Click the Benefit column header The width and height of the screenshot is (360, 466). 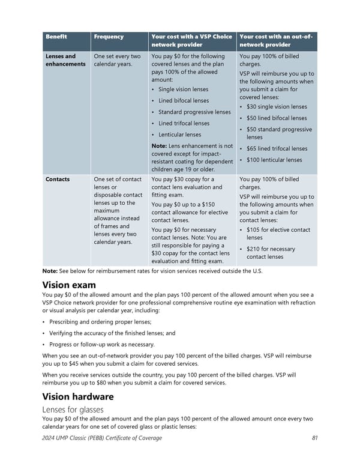(x=56, y=37)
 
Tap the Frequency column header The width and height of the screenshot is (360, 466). (x=109, y=37)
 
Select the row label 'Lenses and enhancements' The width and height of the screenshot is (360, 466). (x=65, y=60)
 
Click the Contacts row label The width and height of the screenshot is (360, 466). (x=58, y=179)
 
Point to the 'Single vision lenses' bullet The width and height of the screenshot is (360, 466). (x=184, y=89)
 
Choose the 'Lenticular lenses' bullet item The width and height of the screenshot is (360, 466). (x=180, y=135)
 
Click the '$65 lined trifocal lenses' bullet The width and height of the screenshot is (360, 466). (x=277, y=148)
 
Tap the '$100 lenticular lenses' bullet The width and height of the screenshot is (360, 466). (x=274, y=160)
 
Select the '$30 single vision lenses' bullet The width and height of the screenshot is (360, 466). (x=277, y=107)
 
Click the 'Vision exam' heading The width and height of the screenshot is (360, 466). (x=69, y=285)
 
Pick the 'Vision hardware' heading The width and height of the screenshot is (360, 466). (x=78, y=396)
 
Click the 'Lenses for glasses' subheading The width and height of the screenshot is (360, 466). (x=74, y=410)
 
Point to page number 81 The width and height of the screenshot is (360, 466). (x=315, y=438)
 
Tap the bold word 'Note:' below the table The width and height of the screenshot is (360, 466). (x=49, y=271)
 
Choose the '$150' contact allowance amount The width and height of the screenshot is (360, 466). (x=214, y=205)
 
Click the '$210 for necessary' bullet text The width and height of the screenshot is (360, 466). (x=271, y=249)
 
